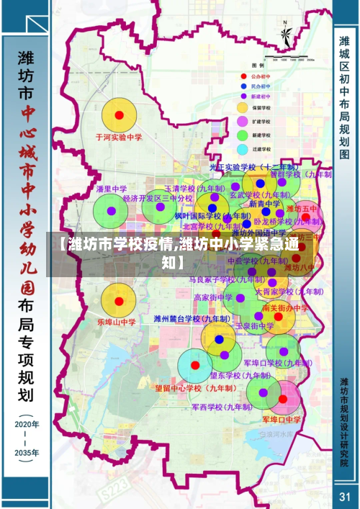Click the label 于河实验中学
pos(120,136)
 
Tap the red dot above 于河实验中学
pos(120,115)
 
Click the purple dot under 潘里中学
pos(111,211)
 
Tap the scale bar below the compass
pos(286,57)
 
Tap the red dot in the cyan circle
pos(194,365)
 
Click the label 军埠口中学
pos(282,418)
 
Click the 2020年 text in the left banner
pos(27,425)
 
